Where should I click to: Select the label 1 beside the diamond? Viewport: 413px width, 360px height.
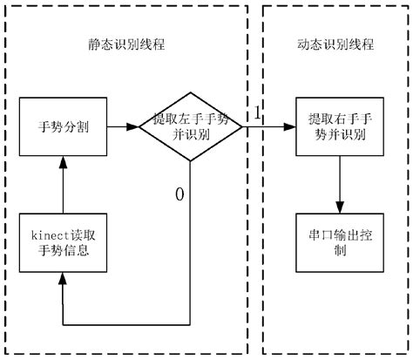click(258, 114)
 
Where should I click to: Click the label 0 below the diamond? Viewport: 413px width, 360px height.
click(179, 194)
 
